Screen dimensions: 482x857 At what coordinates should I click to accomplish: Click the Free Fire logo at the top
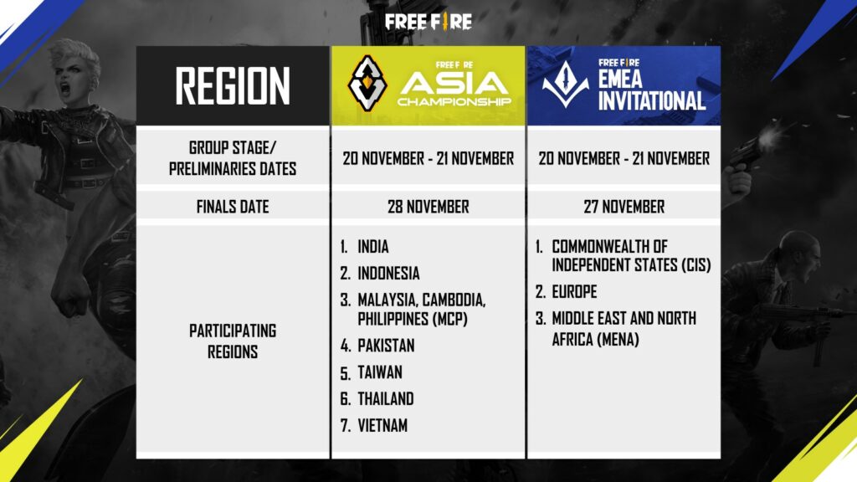(x=428, y=19)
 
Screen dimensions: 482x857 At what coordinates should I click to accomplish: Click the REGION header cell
(x=233, y=85)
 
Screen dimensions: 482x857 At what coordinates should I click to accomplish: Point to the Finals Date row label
(x=233, y=207)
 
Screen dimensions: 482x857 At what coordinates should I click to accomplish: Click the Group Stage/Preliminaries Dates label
(x=233, y=158)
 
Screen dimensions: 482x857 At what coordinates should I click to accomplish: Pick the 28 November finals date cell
(x=428, y=207)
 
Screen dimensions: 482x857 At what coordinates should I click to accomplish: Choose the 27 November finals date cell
(x=624, y=207)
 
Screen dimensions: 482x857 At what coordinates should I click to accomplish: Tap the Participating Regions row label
(x=233, y=341)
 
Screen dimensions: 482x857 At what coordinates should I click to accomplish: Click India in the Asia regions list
(x=373, y=248)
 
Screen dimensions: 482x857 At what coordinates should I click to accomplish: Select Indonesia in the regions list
(x=388, y=274)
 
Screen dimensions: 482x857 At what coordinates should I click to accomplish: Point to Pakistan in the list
(x=386, y=346)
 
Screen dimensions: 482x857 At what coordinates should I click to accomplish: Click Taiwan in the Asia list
(x=380, y=372)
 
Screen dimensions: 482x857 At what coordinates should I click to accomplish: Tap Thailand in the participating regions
(x=385, y=399)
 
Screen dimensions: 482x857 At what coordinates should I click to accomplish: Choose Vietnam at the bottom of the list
(x=382, y=426)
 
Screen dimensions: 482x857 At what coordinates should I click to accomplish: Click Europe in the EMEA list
(x=573, y=292)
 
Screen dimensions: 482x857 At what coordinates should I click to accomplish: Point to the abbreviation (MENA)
(x=613, y=339)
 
